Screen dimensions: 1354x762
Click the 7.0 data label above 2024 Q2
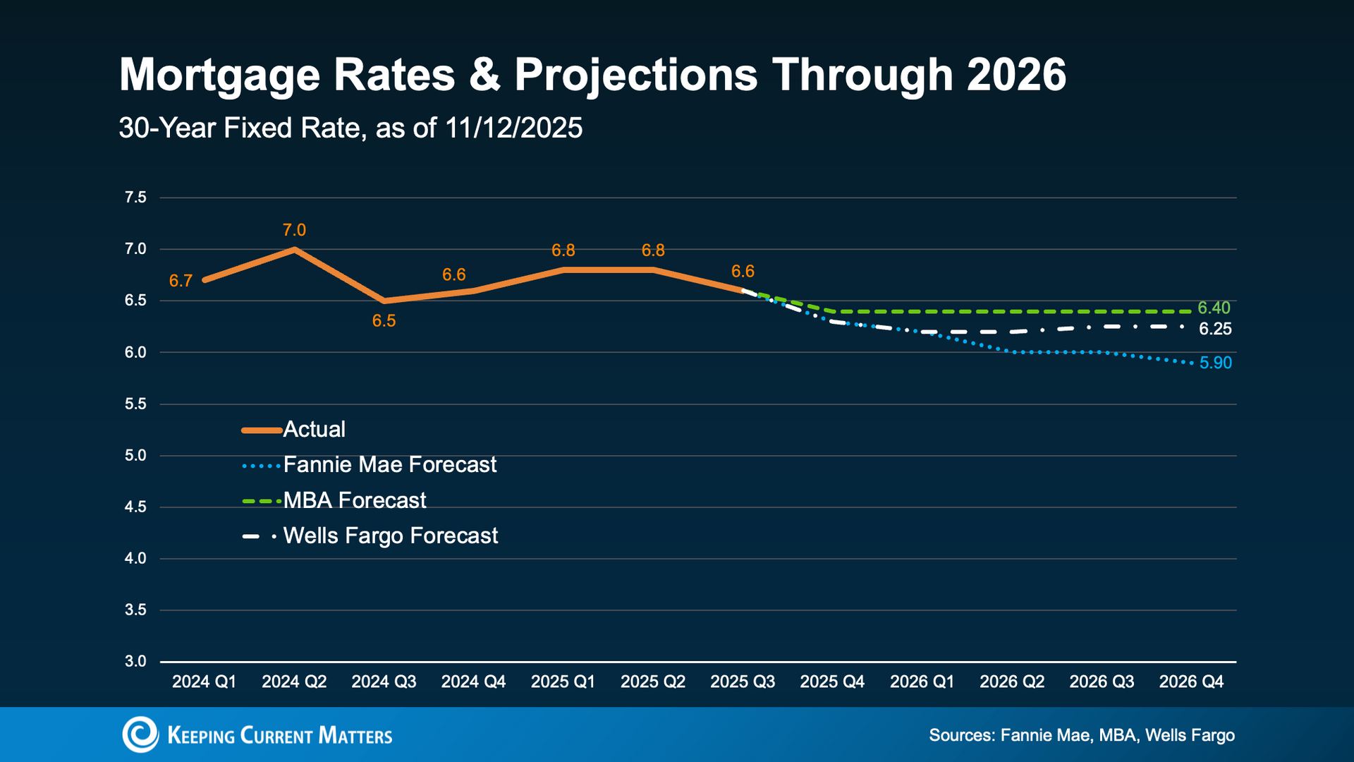click(x=294, y=230)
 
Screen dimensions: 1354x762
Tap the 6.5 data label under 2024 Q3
click(x=384, y=321)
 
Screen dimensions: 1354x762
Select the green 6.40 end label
click(x=1214, y=308)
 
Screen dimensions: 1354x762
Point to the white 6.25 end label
click(x=1215, y=329)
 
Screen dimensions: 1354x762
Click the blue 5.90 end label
click(x=1216, y=363)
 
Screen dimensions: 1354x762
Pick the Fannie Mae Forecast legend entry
click(x=370, y=464)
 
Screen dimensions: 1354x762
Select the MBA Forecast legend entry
click(x=334, y=500)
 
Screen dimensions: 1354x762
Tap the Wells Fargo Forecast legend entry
click(x=370, y=536)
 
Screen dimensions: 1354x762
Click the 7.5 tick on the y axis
click(x=135, y=198)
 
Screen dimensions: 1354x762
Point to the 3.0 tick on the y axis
click(x=135, y=662)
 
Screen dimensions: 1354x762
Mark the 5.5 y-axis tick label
click(x=135, y=404)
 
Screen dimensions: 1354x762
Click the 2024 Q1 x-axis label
click(x=205, y=682)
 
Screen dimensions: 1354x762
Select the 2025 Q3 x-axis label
click(x=743, y=682)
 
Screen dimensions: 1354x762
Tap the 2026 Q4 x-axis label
click(x=1192, y=682)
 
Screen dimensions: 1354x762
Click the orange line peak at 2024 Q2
click(x=294, y=249)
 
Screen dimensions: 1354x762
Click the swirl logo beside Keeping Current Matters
click(x=140, y=734)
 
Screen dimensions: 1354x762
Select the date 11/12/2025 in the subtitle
click(x=514, y=128)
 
